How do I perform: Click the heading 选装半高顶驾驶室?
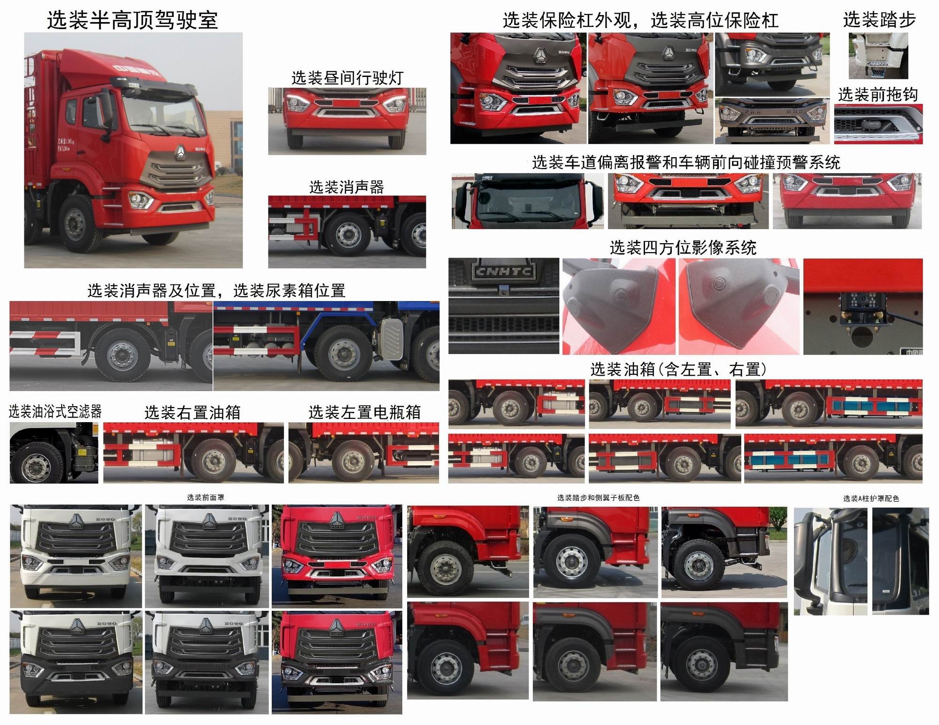click(x=132, y=21)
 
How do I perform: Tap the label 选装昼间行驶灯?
click(x=347, y=78)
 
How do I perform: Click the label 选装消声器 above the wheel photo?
click(x=346, y=187)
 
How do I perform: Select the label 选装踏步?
click(x=879, y=20)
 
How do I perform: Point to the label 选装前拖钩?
click(x=877, y=95)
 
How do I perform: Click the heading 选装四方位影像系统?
click(x=683, y=247)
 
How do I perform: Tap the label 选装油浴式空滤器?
click(x=55, y=412)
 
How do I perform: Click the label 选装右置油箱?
click(x=192, y=413)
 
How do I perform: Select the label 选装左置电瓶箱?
click(x=364, y=413)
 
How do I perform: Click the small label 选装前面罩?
click(x=205, y=497)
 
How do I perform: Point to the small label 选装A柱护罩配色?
click(x=871, y=499)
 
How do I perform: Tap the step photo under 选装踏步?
click(x=877, y=55)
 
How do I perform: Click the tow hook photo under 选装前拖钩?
click(x=877, y=124)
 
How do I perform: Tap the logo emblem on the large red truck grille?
click(x=180, y=151)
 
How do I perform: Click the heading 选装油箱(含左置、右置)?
click(x=678, y=370)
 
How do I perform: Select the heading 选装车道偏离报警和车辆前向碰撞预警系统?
click(x=686, y=163)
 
